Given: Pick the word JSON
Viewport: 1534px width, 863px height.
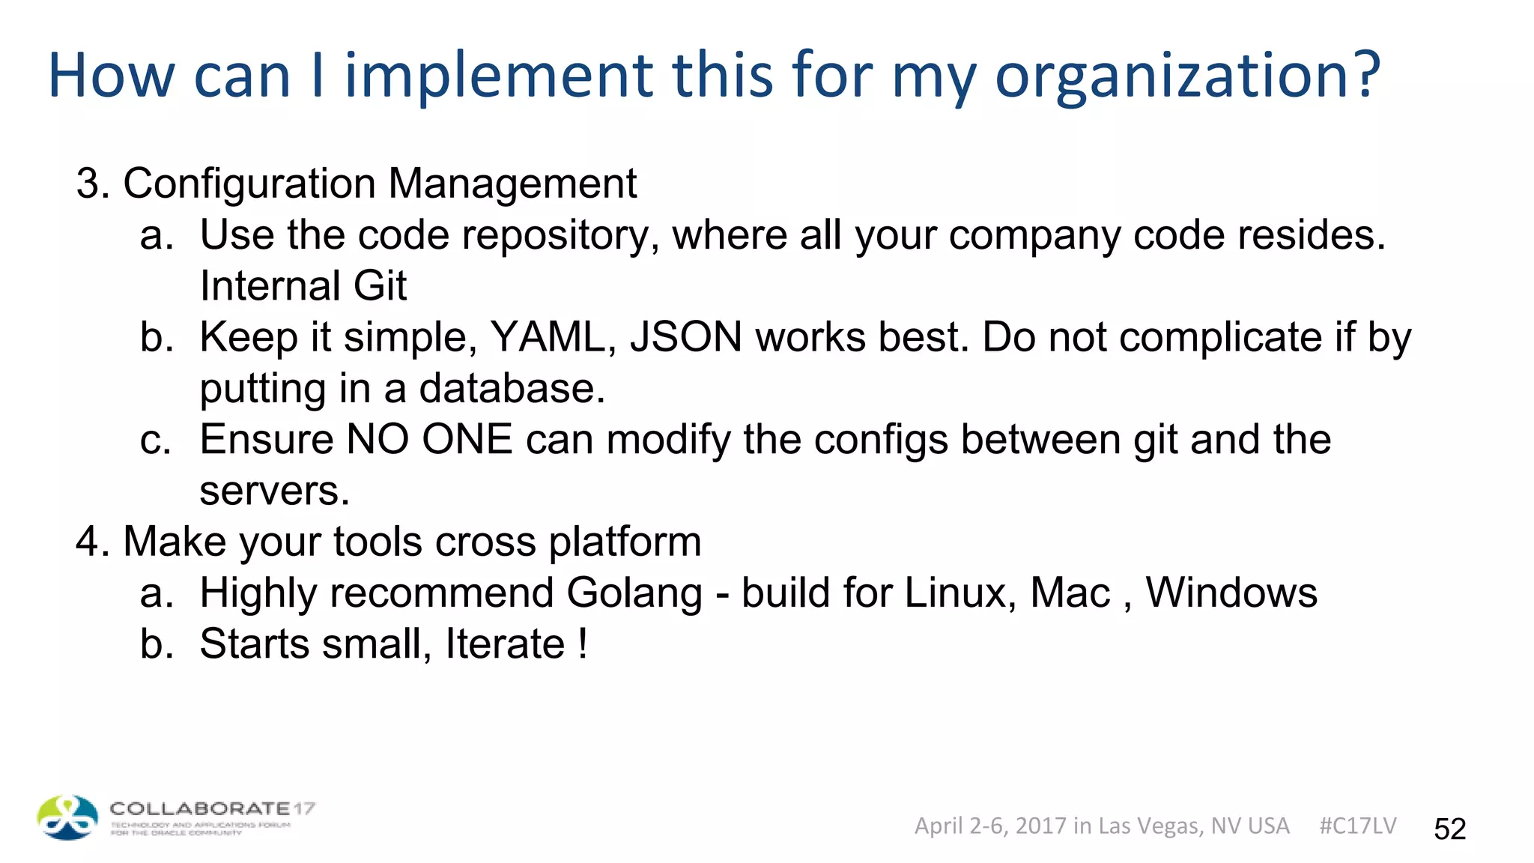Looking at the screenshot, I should [686, 337].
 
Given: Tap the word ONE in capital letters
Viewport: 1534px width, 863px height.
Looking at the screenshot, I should [467, 440].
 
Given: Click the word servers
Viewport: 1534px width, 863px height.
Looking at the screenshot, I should [274, 491].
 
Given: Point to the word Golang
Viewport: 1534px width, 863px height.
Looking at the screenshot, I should [634, 594].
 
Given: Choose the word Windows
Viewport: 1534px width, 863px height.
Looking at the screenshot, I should [1231, 593].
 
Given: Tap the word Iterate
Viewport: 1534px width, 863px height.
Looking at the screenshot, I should [505, 644].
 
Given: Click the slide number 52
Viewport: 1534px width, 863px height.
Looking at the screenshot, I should [1449, 829].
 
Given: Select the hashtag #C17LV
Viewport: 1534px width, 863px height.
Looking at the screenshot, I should [1357, 826].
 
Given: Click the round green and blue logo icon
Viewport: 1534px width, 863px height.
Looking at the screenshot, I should [67, 817].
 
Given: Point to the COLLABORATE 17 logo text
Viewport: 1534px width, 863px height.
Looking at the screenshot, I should [212, 809].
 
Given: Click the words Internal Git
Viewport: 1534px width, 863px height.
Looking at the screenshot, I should [303, 286].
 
